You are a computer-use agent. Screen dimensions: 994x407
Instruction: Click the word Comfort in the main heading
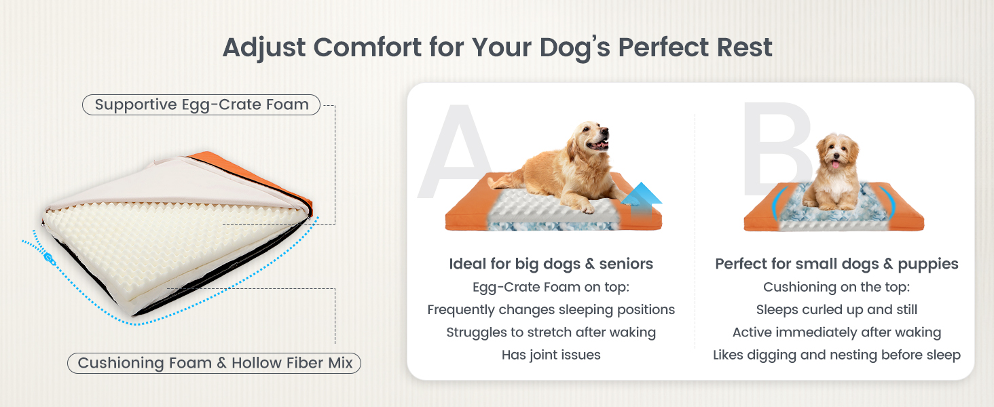tap(367, 47)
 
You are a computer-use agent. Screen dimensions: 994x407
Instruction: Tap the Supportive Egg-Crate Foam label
tap(201, 104)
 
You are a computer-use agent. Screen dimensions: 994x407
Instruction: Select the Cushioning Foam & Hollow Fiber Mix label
tap(215, 363)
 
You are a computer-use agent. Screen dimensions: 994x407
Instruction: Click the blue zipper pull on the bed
tap(50, 259)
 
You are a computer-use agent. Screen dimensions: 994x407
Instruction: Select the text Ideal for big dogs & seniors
tap(551, 264)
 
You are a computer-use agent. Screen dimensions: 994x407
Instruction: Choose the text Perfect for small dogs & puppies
tap(836, 264)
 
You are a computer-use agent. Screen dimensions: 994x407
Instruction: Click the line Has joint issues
tap(551, 355)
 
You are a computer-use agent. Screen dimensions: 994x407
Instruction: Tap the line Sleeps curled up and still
tap(836, 309)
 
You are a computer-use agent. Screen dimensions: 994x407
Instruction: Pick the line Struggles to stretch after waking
tap(551, 332)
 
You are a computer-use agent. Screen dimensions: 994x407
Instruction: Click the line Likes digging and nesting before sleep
tap(836, 355)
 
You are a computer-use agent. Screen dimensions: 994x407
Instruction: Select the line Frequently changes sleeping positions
tap(551, 309)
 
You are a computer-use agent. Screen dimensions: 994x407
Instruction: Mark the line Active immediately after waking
tap(836, 332)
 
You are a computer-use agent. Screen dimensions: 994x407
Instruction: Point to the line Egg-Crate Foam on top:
tap(551, 287)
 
